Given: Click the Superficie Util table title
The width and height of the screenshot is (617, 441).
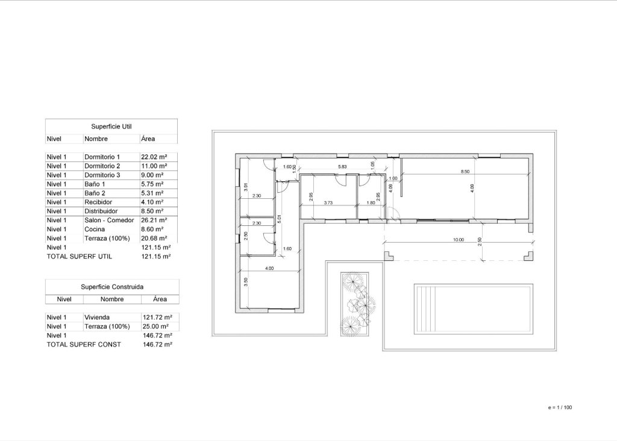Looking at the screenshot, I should (111, 127).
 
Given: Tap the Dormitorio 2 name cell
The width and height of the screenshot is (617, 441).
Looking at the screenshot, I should (102, 166).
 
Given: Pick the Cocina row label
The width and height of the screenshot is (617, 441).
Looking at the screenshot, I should (94, 229).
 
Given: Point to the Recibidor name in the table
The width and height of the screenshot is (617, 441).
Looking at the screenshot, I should (99, 202).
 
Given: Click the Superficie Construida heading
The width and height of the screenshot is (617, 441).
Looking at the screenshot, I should (112, 287).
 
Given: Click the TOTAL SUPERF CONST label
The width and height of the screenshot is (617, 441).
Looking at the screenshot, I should (84, 344).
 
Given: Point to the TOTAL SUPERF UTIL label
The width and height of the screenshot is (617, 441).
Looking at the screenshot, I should (80, 256).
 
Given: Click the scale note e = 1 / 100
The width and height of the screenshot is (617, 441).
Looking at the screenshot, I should (560, 408).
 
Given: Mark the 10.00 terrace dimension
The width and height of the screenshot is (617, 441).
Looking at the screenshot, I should (458, 240).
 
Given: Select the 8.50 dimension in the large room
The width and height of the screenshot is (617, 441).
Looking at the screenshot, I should (465, 172).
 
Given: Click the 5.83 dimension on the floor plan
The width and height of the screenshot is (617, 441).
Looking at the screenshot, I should (342, 166).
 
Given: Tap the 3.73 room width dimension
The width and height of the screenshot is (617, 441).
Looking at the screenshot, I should (328, 203).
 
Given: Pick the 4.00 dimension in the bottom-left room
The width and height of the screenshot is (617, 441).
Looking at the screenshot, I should (269, 269).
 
